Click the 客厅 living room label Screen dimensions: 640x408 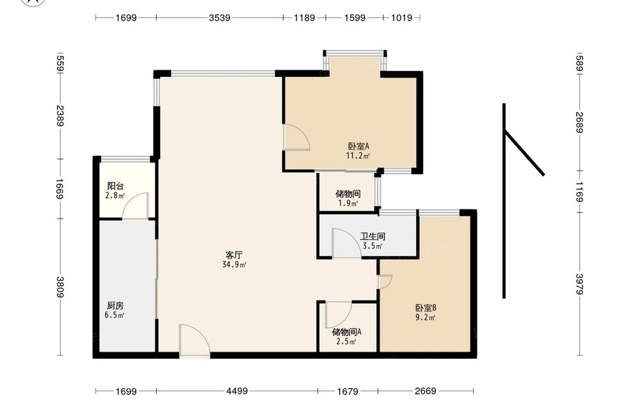[234, 256]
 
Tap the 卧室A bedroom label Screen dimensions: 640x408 [358, 146]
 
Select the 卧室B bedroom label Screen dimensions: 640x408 [426, 308]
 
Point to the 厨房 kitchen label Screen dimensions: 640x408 [115, 306]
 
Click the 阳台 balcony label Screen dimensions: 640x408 [115, 186]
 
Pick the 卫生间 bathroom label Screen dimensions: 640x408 [372, 236]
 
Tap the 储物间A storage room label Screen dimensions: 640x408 [346, 332]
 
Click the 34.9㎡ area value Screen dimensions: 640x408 [234, 265]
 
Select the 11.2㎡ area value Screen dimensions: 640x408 [358, 156]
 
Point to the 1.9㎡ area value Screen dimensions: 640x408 [348, 204]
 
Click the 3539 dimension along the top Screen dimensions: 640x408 [220, 17]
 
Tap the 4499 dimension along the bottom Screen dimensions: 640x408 [237, 391]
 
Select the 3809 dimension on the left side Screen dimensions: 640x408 [60, 287]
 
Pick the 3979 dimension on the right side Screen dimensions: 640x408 [579, 284]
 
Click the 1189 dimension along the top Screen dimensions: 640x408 [305, 17]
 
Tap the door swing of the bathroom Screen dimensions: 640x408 [346, 243]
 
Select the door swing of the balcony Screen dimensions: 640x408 [135, 206]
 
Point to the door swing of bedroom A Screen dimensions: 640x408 [296, 137]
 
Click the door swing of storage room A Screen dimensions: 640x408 [339, 315]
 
